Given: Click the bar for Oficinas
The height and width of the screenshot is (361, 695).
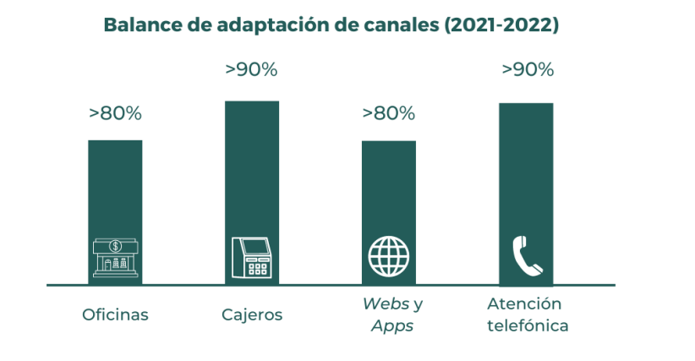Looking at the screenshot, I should click(x=115, y=186).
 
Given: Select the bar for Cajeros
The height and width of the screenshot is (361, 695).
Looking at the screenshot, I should click(x=252, y=169).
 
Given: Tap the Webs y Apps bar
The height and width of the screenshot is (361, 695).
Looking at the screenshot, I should click(x=389, y=186).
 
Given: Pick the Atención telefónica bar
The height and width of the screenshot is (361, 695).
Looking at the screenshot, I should click(x=526, y=169).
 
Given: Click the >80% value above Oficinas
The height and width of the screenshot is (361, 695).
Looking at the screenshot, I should click(x=115, y=113).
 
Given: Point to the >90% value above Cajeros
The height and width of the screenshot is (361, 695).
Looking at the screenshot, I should click(x=252, y=70).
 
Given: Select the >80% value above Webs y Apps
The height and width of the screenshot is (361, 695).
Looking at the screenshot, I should click(x=389, y=113).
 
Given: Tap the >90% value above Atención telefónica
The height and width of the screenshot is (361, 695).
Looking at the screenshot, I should click(x=528, y=70).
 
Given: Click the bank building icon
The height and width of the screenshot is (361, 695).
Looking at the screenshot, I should click(x=115, y=257).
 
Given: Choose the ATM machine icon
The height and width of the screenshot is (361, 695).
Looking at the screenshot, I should click(x=252, y=257).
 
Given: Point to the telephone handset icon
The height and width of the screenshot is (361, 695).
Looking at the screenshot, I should click(x=527, y=256).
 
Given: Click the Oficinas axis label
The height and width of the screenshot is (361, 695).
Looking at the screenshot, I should click(x=115, y=315).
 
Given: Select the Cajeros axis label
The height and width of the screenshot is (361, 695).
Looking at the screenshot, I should click(x=252, y=315).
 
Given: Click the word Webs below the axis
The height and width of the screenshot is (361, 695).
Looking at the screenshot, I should click(x=382, y=304).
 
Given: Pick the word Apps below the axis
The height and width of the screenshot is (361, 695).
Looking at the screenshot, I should click(x=392, y=325).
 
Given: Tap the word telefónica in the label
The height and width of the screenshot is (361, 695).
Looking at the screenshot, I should click(x=528, y=325).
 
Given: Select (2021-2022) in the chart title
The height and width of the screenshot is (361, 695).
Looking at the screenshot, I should click(x=501, y=25).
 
